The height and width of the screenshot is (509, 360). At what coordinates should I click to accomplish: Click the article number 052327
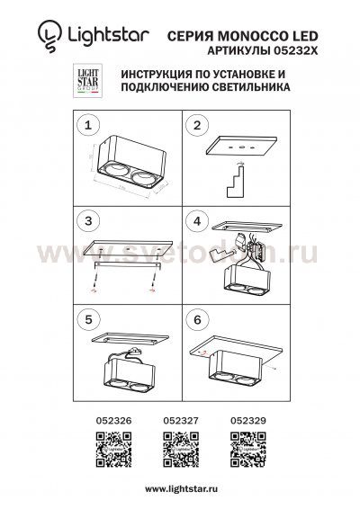[178, 418]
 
